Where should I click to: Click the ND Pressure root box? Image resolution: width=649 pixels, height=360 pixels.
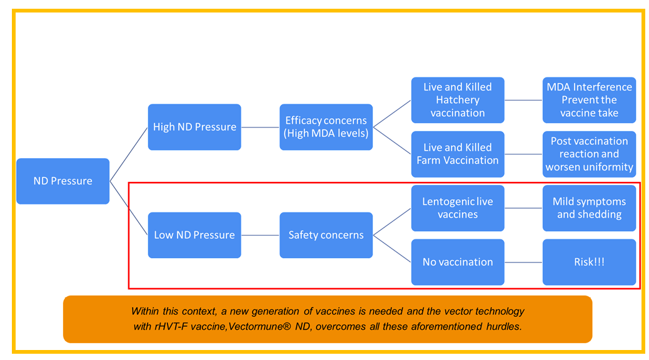pyautogui.click(x=63, y=181)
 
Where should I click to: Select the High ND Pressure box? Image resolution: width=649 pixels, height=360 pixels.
pyautogui.click(x=194, y=127)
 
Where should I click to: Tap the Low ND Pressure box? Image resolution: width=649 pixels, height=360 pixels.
pyautogui.click(x=194, y=235)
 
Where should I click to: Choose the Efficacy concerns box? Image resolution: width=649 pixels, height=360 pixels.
pyautogui.click(x=326, y=127)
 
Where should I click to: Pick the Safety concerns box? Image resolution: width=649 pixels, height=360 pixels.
pyautogui.click(x=326, y=235)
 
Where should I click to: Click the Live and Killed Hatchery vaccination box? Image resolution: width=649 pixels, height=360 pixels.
pyautogui.click(x=458, y=100)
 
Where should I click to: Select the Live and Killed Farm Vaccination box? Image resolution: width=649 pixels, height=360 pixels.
pyautogui.click(x=458, y=154)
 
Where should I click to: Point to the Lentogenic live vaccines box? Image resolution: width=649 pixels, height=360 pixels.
pyautogui.click(x=458, y=207)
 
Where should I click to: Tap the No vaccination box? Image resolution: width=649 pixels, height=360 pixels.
pyautogui.click(x=458, y=262)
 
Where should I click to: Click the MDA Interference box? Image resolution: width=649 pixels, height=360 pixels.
pyautogui.click(x=590, y=100)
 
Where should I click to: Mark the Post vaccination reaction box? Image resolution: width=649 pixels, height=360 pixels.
pyautogui.click(x=590, y=154)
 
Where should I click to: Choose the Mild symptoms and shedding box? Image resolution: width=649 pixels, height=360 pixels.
pyautogui.click(x=590, y=207)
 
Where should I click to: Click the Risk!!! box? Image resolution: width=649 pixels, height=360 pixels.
pyautogui.click(x=590, y=262)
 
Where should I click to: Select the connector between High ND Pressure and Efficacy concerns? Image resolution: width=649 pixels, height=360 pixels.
pyautogui.click(x=260, y=127)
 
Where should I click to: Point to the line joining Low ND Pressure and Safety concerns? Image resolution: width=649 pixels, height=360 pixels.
pyautogui.click(x=260, y=235)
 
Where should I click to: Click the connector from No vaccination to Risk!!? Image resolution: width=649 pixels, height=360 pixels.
pyautogui.click(x=523, y=262)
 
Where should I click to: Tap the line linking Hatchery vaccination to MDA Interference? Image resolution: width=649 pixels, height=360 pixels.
pyautogui.click(x=523, y=100)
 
